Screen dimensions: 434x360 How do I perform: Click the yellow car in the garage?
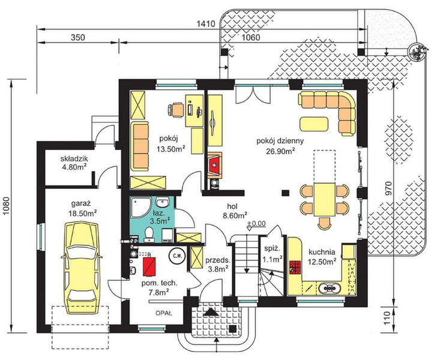pyautogui.click(x=82, y=268)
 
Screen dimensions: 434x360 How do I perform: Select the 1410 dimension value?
pyautogui.click(x=206, y=24)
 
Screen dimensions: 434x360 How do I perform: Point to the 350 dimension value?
pyautogui.click(x=77, y=38)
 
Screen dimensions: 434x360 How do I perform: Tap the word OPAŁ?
pyautogui.click(x=164, y=314)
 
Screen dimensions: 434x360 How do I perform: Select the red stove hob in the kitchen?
pyautogui.click(x=295, y=267)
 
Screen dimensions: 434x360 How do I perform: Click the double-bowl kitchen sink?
pyautogui.click(x=329, y=288)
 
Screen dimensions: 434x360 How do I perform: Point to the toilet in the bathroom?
pyautogui.click(x=149, y=233)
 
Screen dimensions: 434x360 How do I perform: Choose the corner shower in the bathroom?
pyautogui.click(x=140, y=207)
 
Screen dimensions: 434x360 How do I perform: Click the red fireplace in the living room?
pyautogui.click(x=215, y=166)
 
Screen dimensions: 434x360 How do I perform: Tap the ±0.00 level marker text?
pyautogui.click(x=256, y=223)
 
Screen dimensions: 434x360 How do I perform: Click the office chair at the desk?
pyautogui.click(x=176, y=109)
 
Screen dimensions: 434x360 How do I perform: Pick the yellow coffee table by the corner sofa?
pyautogui.click(x=314, y=124)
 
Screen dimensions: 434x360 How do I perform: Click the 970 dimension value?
pyautogui.click(x=389, y=188)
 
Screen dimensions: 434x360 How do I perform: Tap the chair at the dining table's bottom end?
pyautogui.click(x=324, y=223)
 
